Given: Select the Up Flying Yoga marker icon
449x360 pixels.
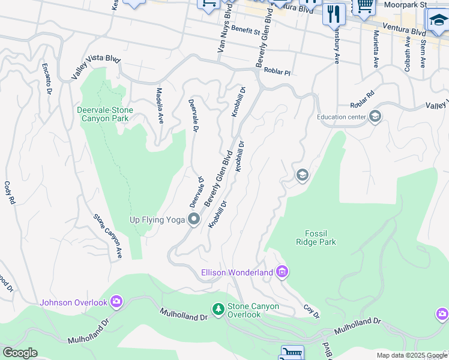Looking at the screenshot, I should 194,220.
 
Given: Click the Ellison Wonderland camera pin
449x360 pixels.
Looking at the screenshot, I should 282,273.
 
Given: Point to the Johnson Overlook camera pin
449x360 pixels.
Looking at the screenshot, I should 116,302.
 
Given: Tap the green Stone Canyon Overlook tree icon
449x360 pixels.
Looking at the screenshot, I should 218,310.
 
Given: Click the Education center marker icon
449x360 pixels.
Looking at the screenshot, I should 375,116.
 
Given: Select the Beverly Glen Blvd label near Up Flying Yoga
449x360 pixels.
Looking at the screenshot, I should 218,178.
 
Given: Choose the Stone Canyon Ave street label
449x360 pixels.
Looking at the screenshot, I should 108,236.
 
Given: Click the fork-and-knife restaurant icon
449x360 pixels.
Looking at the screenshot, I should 334,13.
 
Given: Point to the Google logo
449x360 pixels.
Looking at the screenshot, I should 19,353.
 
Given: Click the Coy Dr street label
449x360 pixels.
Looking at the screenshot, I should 311,312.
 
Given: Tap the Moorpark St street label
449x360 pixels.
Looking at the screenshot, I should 406,5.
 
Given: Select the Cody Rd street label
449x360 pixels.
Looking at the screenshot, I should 9,193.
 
